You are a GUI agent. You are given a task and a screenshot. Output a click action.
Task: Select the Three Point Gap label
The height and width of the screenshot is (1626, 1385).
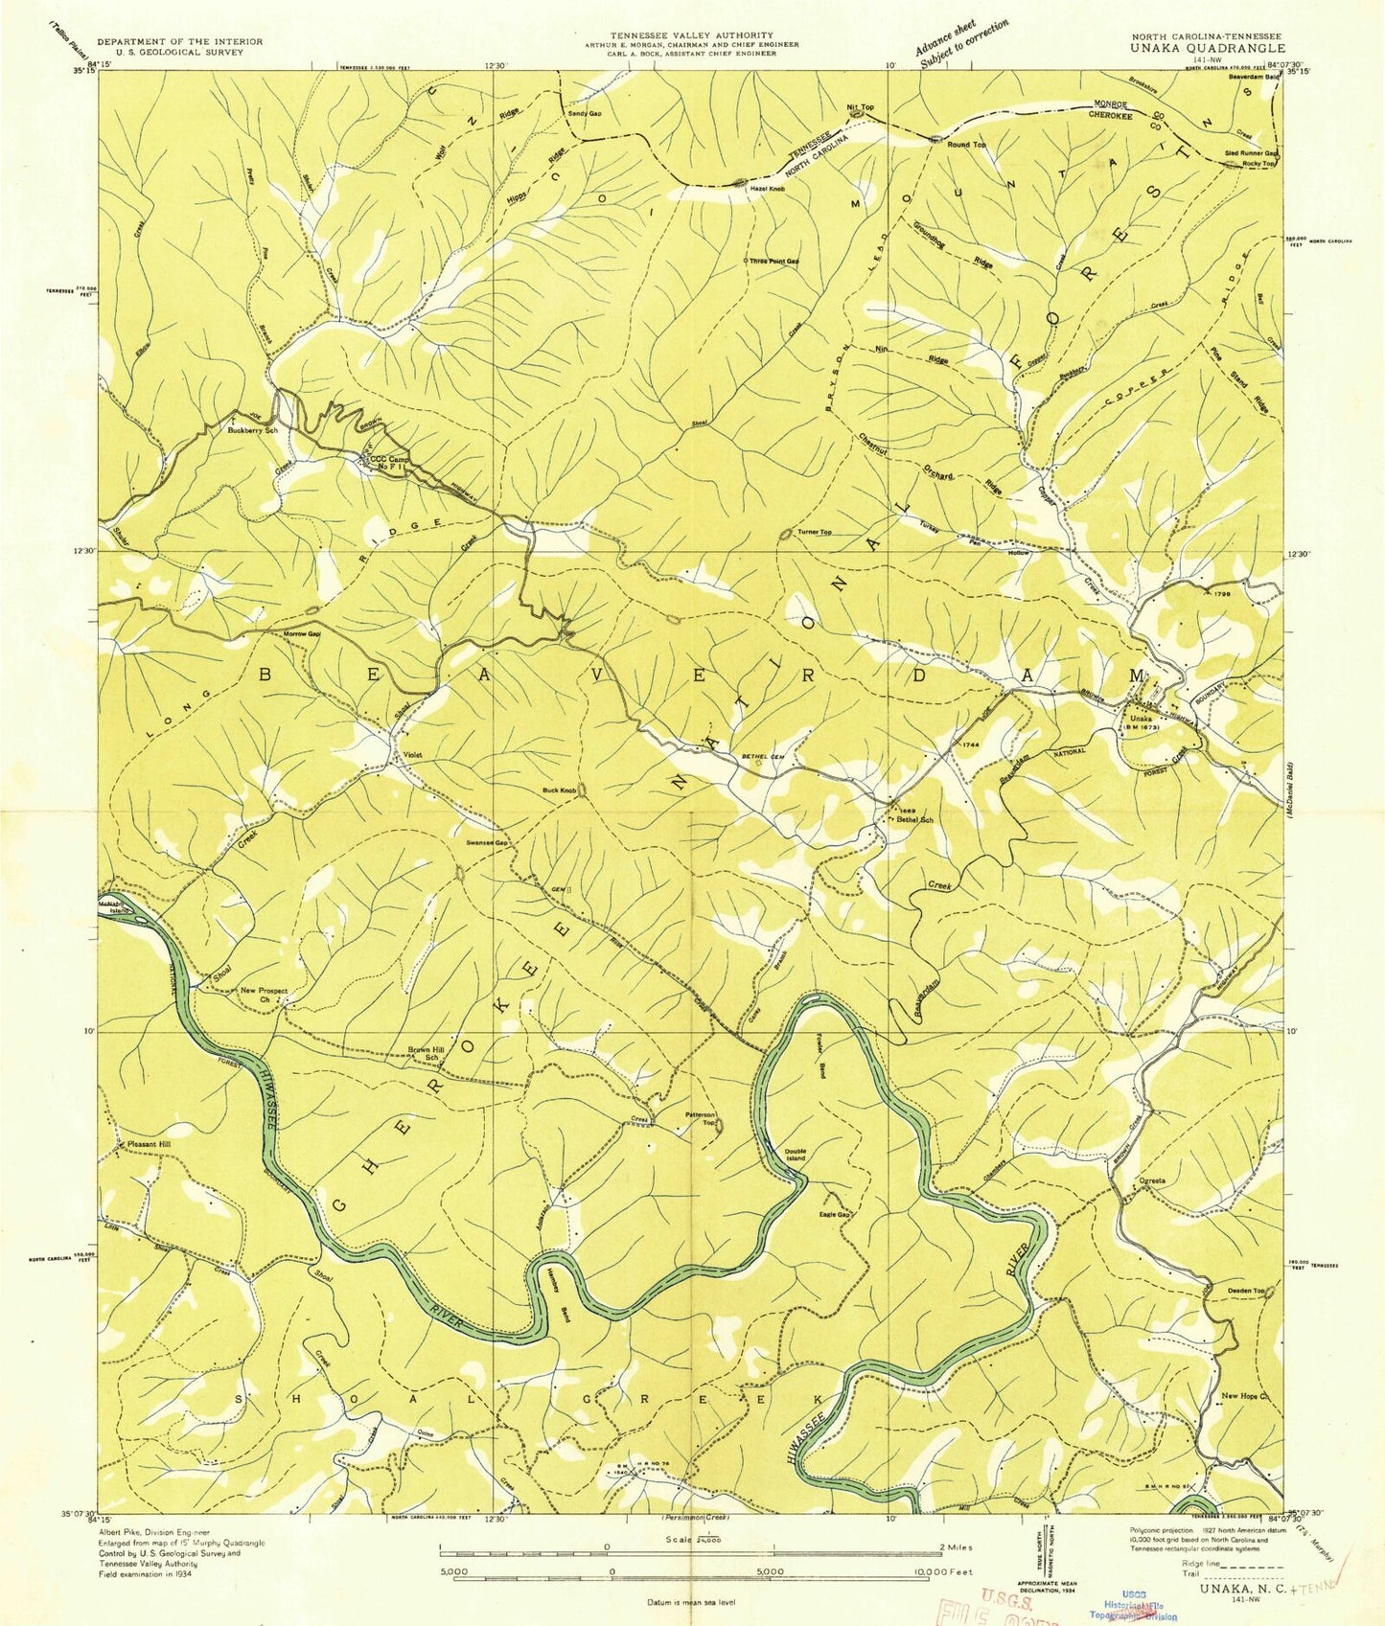[773, 261]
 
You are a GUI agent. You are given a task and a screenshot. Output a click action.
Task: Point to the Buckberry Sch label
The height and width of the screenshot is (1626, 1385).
[252, 430]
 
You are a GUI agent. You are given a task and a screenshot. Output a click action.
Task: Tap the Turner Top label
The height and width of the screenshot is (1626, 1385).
[814, 532]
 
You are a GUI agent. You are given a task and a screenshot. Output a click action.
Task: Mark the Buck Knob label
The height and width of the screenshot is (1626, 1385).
[559, 790]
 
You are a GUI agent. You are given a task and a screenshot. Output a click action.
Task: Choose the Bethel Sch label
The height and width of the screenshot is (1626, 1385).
[913, 820]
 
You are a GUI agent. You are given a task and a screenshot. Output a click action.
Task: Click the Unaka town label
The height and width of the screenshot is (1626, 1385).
[1141, 719]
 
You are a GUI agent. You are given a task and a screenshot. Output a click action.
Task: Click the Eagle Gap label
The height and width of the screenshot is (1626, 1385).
[834, 1215]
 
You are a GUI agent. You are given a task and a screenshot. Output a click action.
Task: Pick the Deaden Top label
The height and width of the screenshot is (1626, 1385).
[1247, 1291]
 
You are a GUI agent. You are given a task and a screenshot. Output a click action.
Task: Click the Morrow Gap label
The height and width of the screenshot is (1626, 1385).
[300, 633]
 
